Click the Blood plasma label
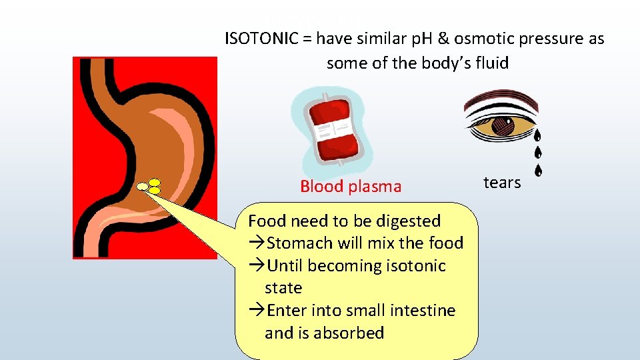pos(351,187)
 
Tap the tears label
pos(502,183)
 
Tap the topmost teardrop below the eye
pos(537,135)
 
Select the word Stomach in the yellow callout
pos(296,243)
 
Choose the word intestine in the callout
pos(421,311)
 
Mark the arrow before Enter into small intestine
pos(257,311)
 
